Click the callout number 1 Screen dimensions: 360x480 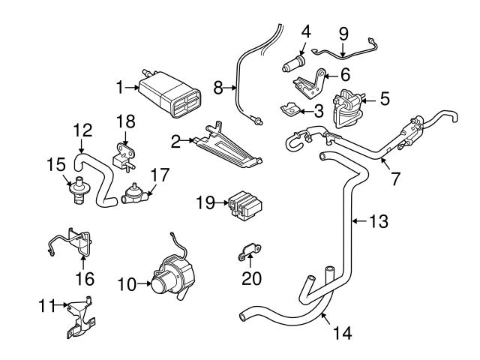tap(118, 88)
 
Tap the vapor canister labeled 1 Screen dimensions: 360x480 tap(169, 94)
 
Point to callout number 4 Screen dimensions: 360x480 tap(306, 32)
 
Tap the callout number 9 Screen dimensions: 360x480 tap(343, 33)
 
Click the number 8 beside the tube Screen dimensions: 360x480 tap(218, 88)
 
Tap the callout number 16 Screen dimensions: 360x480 tap(84, 279)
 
